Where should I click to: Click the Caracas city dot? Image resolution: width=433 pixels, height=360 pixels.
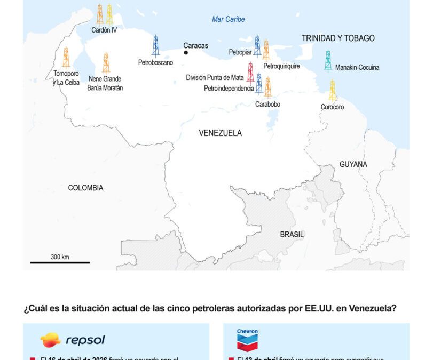tap(186, 53)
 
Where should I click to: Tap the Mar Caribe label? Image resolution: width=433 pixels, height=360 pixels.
tap(229, 19)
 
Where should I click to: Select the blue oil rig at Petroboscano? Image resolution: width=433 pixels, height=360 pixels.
tap(155, 46)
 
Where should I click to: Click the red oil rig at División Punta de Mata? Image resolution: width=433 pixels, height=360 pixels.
tap(250, 71)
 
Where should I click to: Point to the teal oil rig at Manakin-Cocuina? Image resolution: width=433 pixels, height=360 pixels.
tap(328, 60)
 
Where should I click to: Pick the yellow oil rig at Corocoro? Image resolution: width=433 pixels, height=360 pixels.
tap(333, 90)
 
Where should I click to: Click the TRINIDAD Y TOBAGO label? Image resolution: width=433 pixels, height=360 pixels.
tap(338, 38)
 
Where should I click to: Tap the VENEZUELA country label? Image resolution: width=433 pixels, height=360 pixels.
tap(220, 133)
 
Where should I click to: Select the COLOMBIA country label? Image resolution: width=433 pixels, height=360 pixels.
tap(85, 188)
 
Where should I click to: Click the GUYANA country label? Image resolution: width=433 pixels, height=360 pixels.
tap(353, 164)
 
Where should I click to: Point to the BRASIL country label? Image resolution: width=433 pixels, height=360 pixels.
tap(292, 234)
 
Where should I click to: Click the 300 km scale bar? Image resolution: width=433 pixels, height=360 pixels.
tap(60, 262)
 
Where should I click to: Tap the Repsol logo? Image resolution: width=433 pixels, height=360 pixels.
tap(73, 340)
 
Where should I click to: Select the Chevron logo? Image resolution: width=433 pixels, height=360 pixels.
tap(247, 339)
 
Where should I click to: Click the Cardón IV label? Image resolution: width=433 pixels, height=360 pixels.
tap(104, 30)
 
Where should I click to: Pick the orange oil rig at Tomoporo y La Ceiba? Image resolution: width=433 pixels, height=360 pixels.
tap(66, 57)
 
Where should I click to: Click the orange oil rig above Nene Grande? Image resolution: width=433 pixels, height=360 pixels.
tap(106, 62)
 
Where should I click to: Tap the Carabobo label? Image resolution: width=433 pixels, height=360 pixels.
tap(267, 105)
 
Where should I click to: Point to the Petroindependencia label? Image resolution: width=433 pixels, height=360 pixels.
tap(229, 89)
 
